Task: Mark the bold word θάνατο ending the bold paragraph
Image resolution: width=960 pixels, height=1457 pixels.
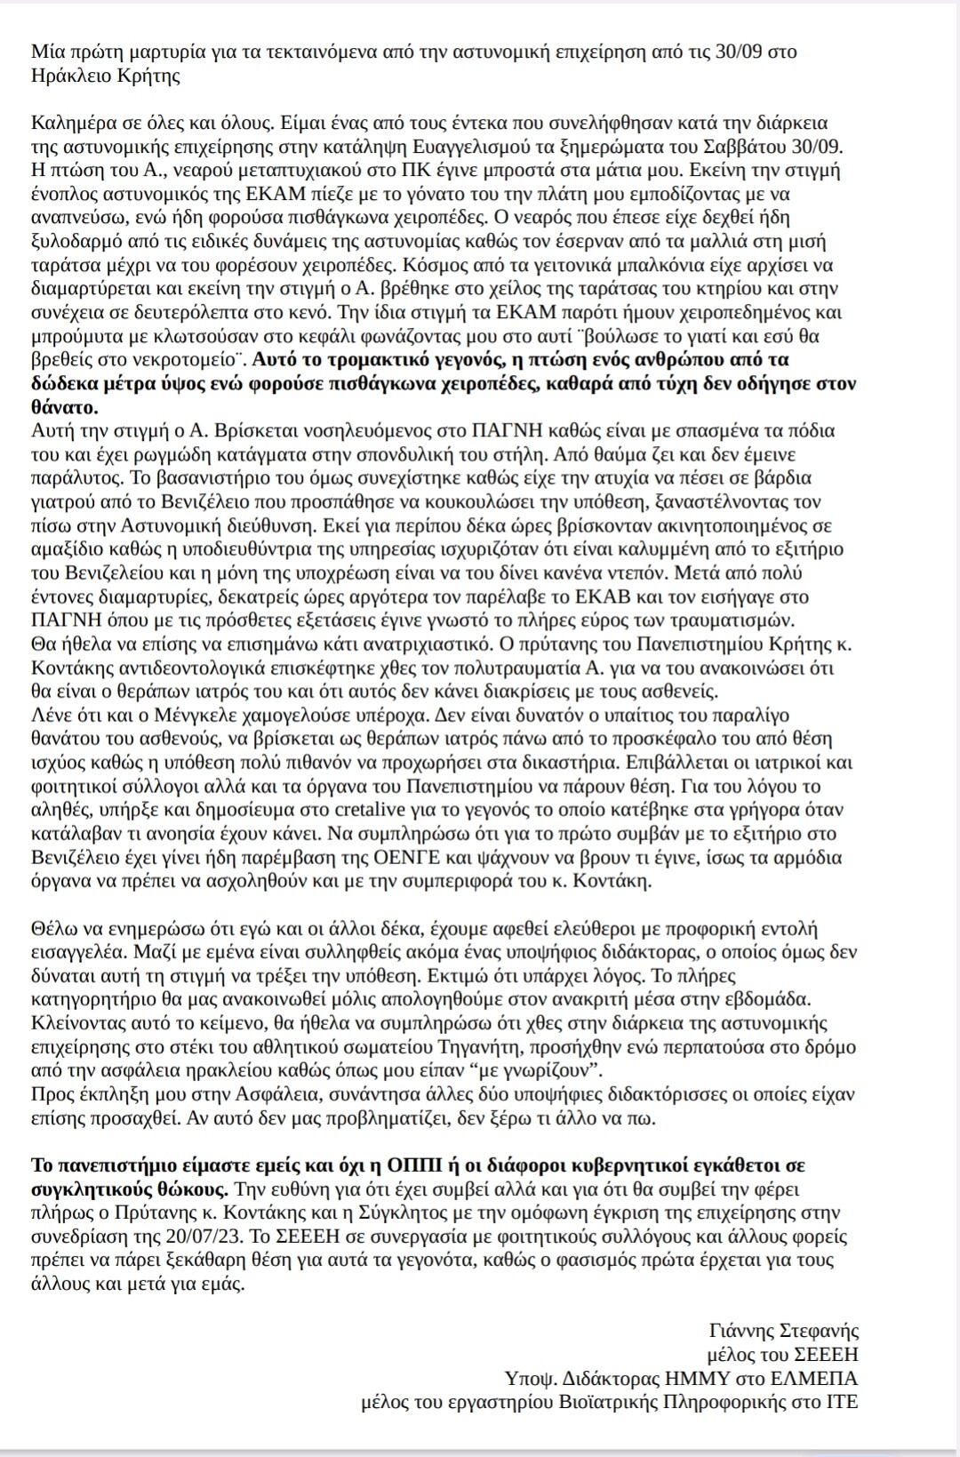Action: (x=64, y=407)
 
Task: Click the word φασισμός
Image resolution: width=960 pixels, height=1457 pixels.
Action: (x=664, y=1261)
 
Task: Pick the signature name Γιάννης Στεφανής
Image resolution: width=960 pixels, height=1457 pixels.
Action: (x=784, y=1331)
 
